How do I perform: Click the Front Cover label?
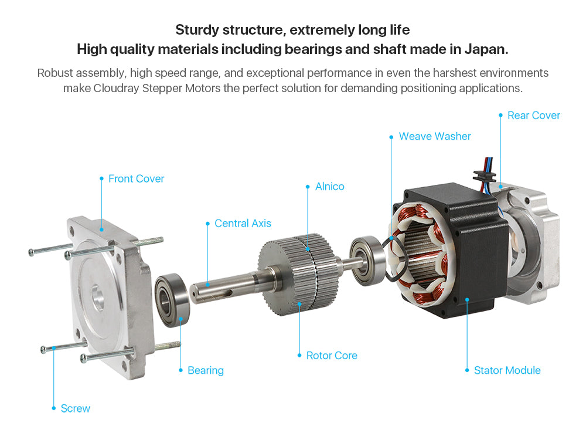click(x=136, y=179)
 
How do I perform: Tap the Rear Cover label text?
click(x=534, y=115)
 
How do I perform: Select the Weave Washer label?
click(x=435, y=136)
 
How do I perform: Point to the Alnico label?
click(x=329, y=187)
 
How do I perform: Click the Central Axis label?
click(x=243, y=224)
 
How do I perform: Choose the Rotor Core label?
click(x=332, y=356)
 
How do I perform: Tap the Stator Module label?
click(x=507, y=370)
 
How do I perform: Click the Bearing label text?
click(x=206, y=370)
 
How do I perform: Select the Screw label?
click(x=76, y=408)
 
